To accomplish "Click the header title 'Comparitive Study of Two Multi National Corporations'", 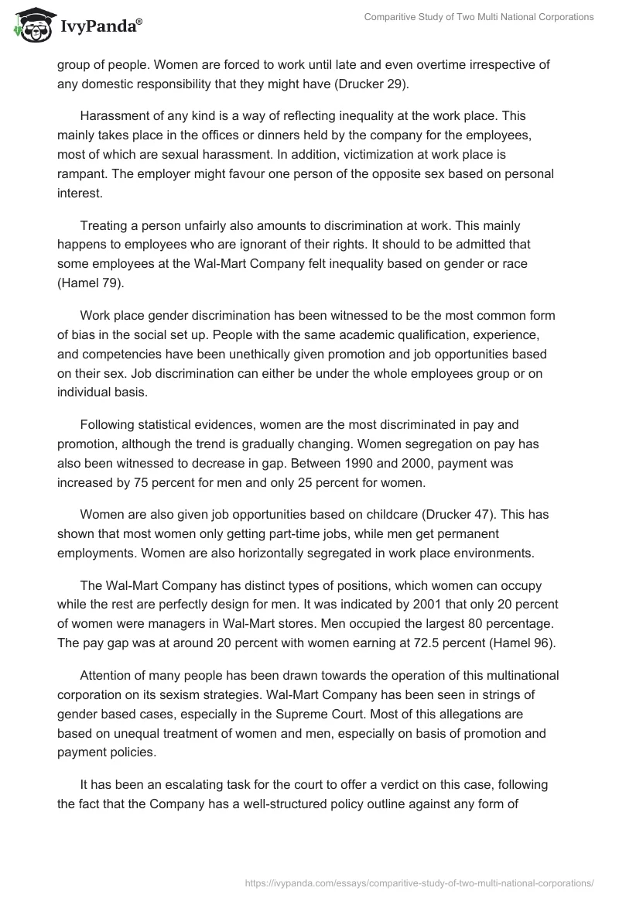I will [478, 17].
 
